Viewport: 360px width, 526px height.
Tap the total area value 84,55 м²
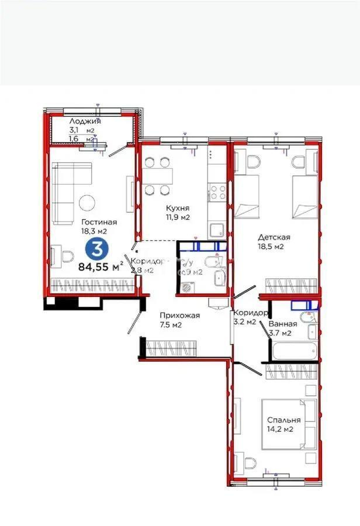100,268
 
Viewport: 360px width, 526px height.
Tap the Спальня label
284,420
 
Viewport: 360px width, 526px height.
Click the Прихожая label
180,316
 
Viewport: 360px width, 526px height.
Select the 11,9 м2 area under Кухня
177,217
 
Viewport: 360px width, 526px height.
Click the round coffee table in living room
88,202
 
